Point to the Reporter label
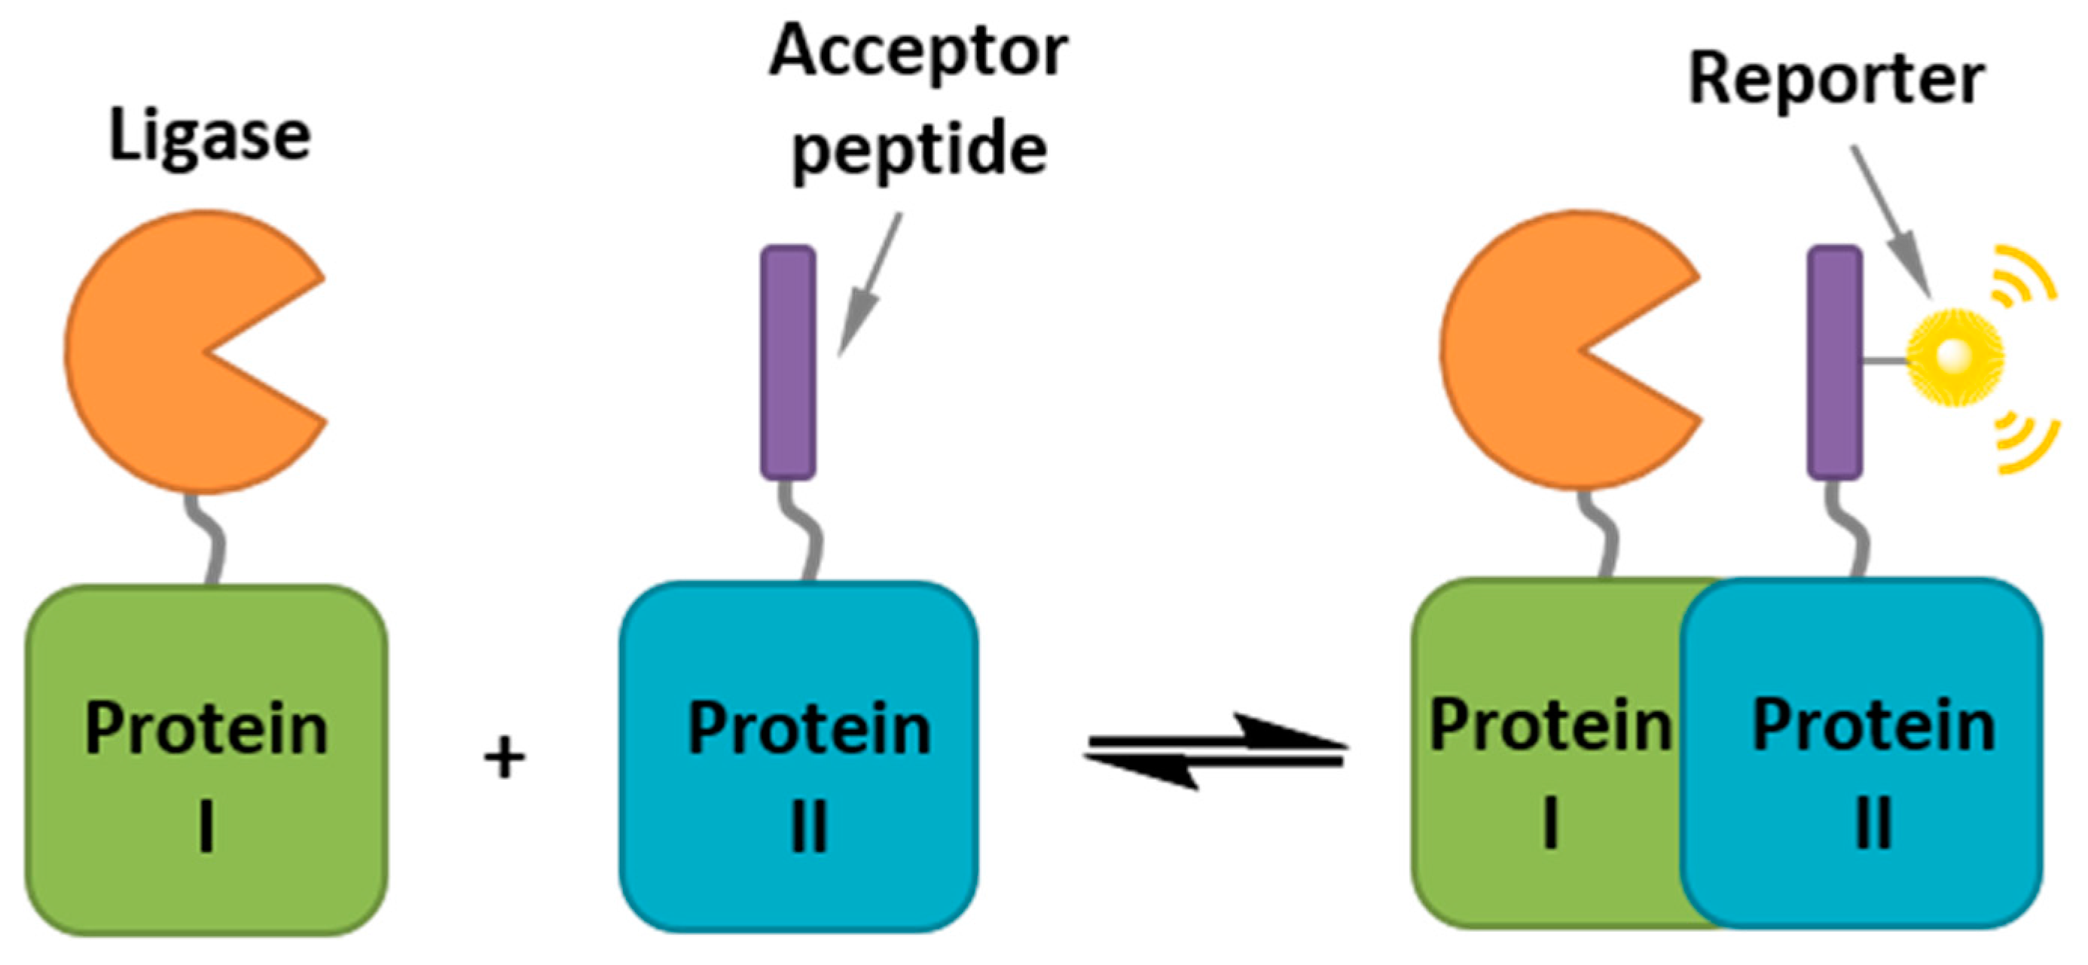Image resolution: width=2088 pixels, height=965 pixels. click(1836, 81)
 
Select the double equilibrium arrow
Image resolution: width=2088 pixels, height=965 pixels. click(1216, 751)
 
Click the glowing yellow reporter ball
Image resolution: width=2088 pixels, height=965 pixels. click(1955, 355)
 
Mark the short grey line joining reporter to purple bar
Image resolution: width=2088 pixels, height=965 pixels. click(1885, 359)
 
